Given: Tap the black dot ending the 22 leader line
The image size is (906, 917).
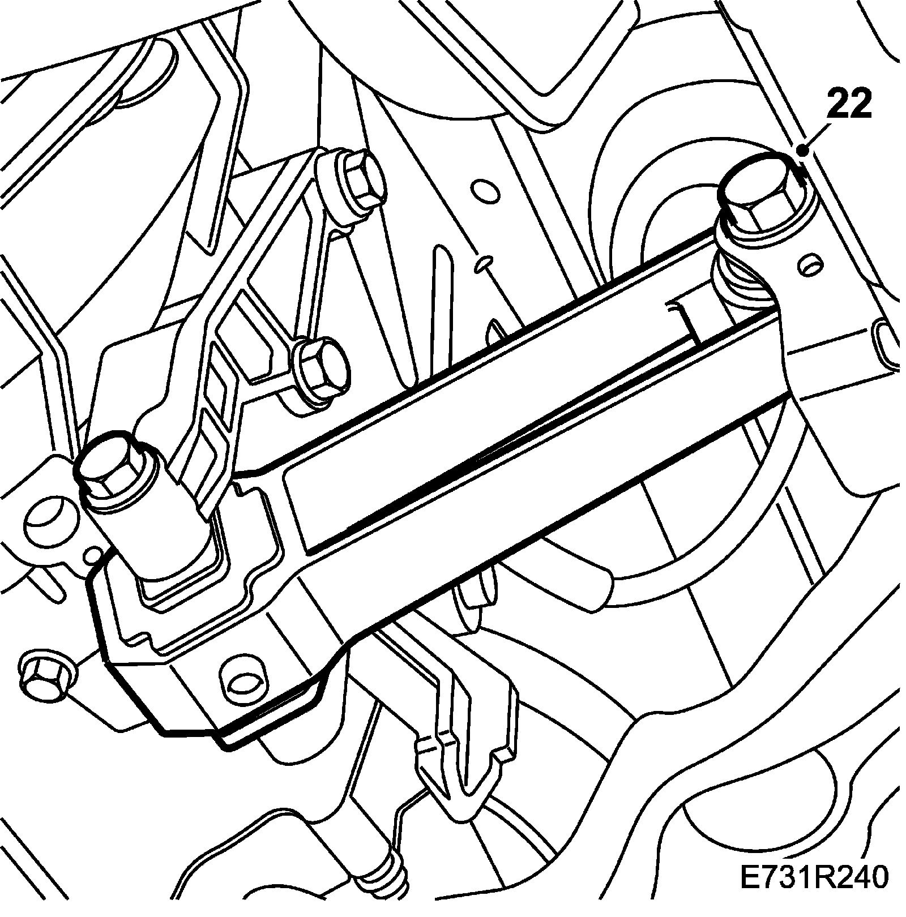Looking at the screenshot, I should tap(802, 151).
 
